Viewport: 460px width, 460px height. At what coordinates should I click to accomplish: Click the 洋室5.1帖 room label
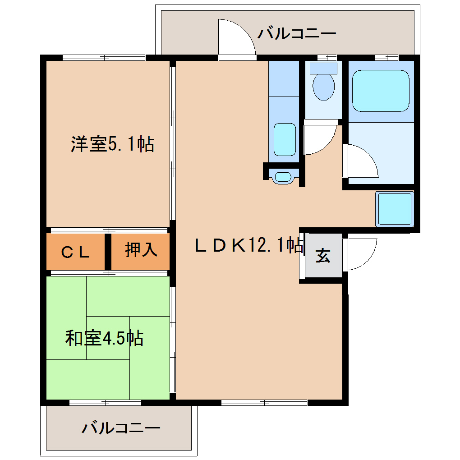(112, 144)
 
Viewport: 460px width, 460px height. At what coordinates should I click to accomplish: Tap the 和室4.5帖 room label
(105, 338)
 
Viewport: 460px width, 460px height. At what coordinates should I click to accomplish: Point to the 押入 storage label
(141, 249)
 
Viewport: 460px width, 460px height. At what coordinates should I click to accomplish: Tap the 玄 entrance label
(323, 256)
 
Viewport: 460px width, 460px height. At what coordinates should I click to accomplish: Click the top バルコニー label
(297, 34)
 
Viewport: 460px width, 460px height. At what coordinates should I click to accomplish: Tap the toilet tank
(324, 69)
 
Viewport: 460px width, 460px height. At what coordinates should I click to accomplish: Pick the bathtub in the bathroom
(381, 91)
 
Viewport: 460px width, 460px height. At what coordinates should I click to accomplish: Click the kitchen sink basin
(285, 140)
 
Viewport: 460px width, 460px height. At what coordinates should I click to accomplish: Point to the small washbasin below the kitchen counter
(284, 177)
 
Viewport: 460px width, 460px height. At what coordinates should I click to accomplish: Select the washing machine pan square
(395, 209)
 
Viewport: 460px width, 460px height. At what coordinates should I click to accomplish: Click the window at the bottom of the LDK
(264, 402)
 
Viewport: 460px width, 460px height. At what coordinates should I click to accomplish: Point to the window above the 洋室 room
(104, 57)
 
